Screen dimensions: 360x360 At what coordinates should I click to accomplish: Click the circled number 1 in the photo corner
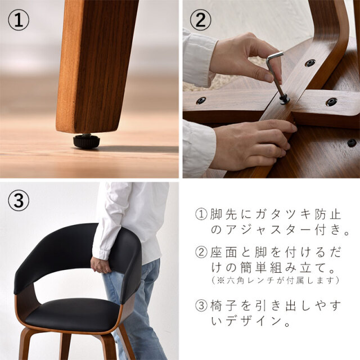tap(19, 20)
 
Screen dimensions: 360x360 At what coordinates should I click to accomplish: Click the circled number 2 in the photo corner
tap(200, 20)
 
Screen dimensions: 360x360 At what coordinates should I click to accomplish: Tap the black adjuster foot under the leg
tap(86, 141)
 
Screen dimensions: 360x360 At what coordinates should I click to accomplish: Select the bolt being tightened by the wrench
tap(284, 100)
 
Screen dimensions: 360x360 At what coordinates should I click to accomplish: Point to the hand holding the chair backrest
tap(101, 265)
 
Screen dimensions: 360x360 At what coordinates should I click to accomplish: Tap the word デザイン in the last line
tap(254, 321)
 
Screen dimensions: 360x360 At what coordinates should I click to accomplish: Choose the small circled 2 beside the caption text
tap(201, 252)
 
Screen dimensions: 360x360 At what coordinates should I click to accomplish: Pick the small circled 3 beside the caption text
tap(201, 305)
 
